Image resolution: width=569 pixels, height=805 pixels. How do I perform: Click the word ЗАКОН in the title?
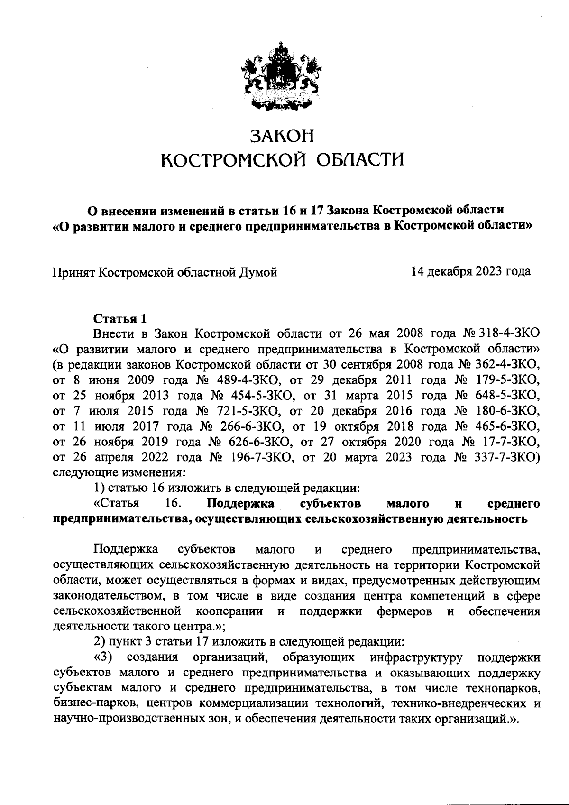click(283, 136)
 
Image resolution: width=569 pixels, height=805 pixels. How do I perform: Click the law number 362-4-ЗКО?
click(508, 364)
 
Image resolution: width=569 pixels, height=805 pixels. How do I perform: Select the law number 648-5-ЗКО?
click(508, 396)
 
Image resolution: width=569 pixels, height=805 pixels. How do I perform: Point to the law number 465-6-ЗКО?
click(508, 426)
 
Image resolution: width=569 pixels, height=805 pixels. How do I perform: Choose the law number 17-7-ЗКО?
click(513, 442)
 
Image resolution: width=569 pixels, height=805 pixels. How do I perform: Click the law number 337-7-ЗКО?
click(508, 458)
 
